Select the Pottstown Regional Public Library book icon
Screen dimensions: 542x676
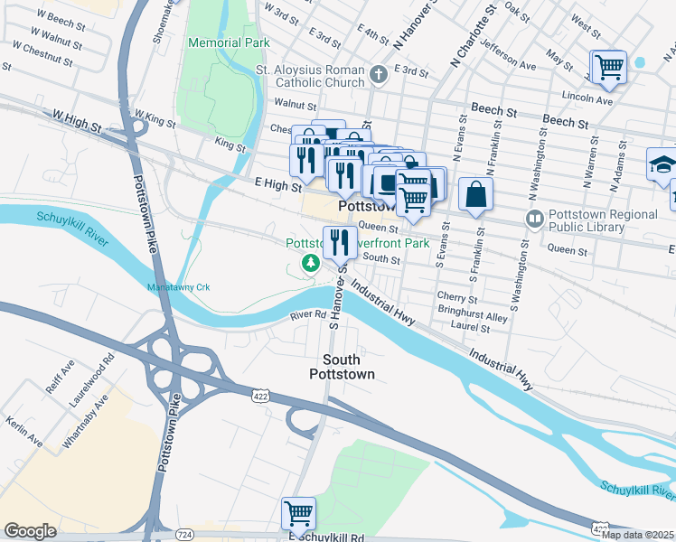pyautogui.click(x=535, y=220)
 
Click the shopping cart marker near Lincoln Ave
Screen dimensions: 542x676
pyautogui.click(x=609, y=67)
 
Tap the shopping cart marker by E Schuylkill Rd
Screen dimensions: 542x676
pyautogui.click(x=298, y=513)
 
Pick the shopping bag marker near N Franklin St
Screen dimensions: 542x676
pyautogui.click(x=475, y=192)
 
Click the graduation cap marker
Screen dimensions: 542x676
pyautogui.click(x=662, y=164)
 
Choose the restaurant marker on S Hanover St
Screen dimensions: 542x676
pyautogui.click(x=340, y=242)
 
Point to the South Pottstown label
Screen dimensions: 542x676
pyautogui.click(x=342, y=366)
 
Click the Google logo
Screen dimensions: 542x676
pyautogui.click(x=30, y=531)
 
